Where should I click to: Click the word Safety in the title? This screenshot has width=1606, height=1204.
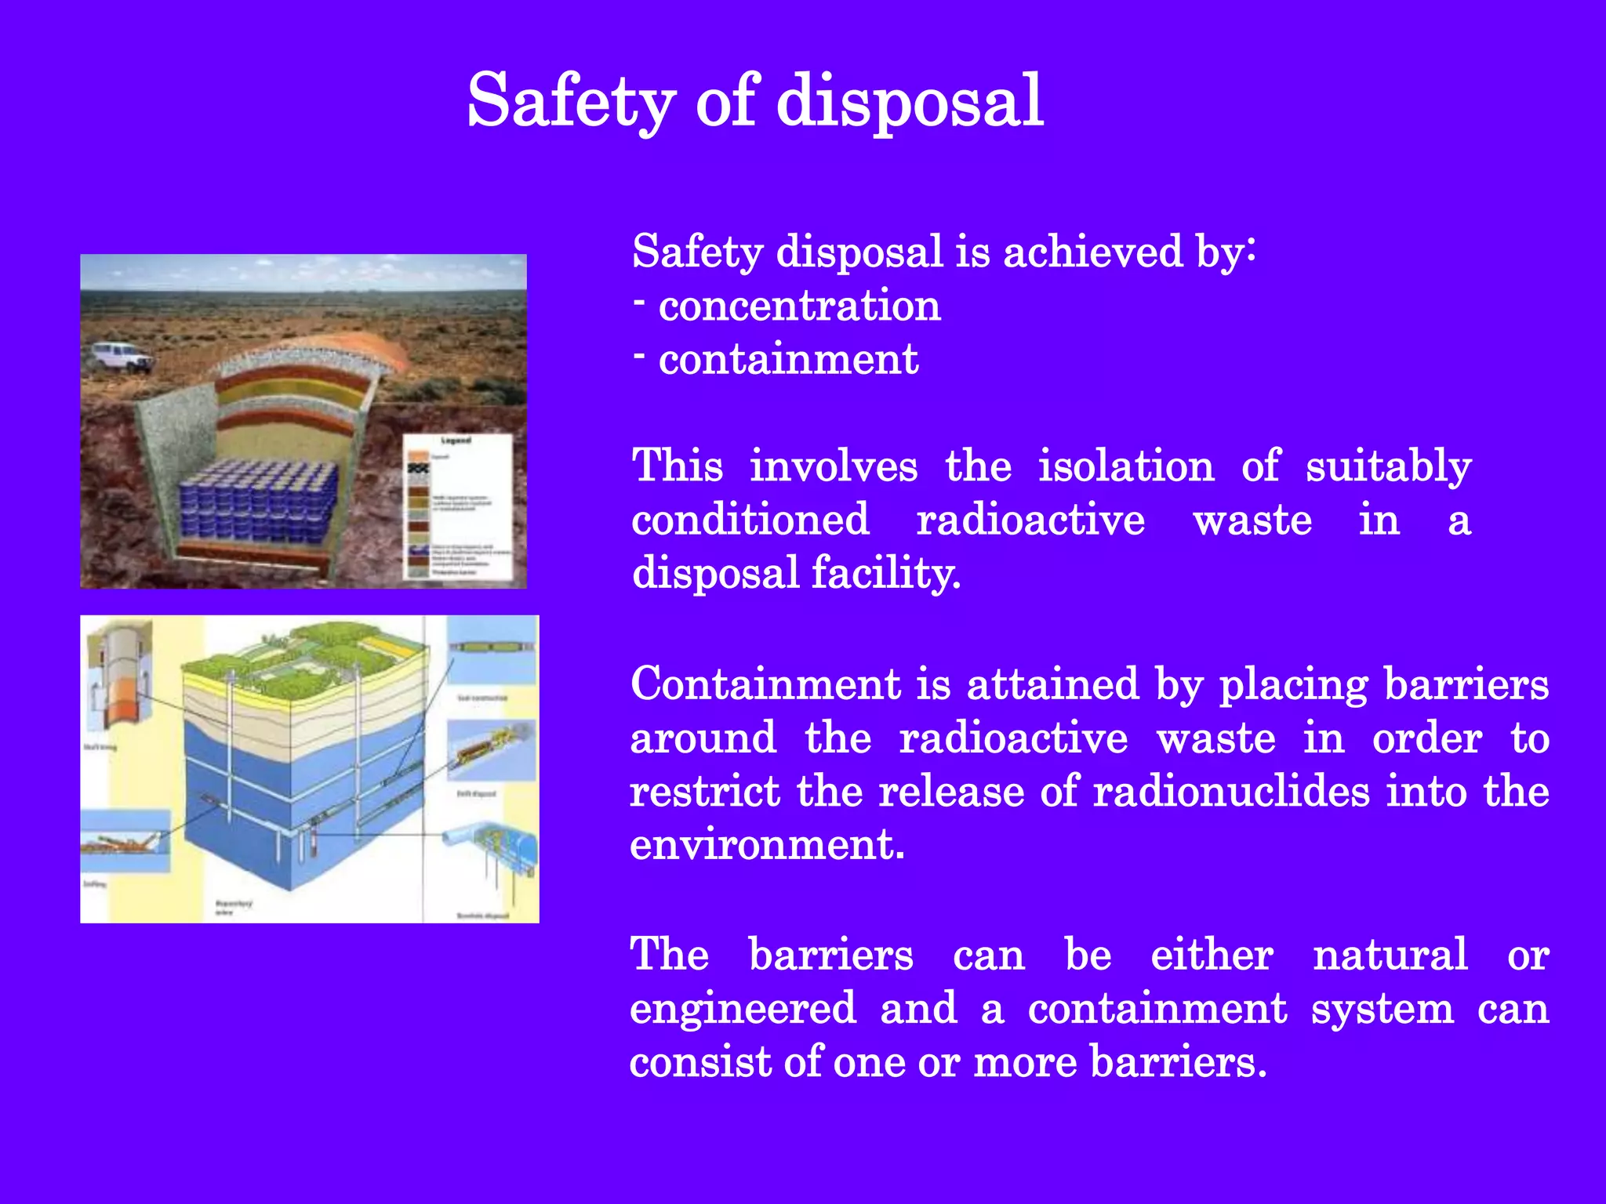click(x=570, y=102)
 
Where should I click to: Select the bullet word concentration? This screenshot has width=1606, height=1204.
click(x=799, y=306)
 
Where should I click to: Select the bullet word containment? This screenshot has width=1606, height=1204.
click(x=788, y=360)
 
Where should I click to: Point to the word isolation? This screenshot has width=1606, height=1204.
click(x=1126, y=466)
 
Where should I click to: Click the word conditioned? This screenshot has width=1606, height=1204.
click(x=750, y=520)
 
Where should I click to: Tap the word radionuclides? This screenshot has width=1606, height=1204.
click(x=1231, y=791)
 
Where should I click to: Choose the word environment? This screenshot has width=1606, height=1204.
click(x=766, y=845)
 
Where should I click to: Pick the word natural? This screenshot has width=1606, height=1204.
click(x=1390, y=955)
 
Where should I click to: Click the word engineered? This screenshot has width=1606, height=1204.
click(x=743, y=1008)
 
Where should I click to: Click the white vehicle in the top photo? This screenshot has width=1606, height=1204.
click(x=119, y=357)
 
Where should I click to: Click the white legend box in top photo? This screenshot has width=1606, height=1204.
click(x=457, y=507)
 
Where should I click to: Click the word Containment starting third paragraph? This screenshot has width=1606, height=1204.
click(x=765, y=684)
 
